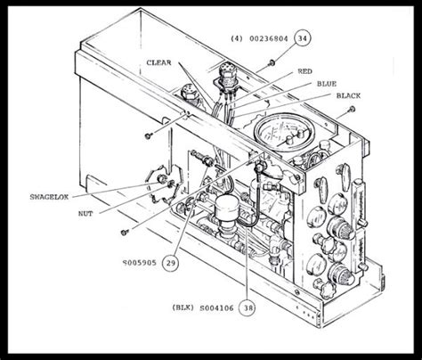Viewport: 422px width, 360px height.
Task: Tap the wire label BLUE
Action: [x=326, y=83]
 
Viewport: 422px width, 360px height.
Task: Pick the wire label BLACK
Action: [x=349, y=95]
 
